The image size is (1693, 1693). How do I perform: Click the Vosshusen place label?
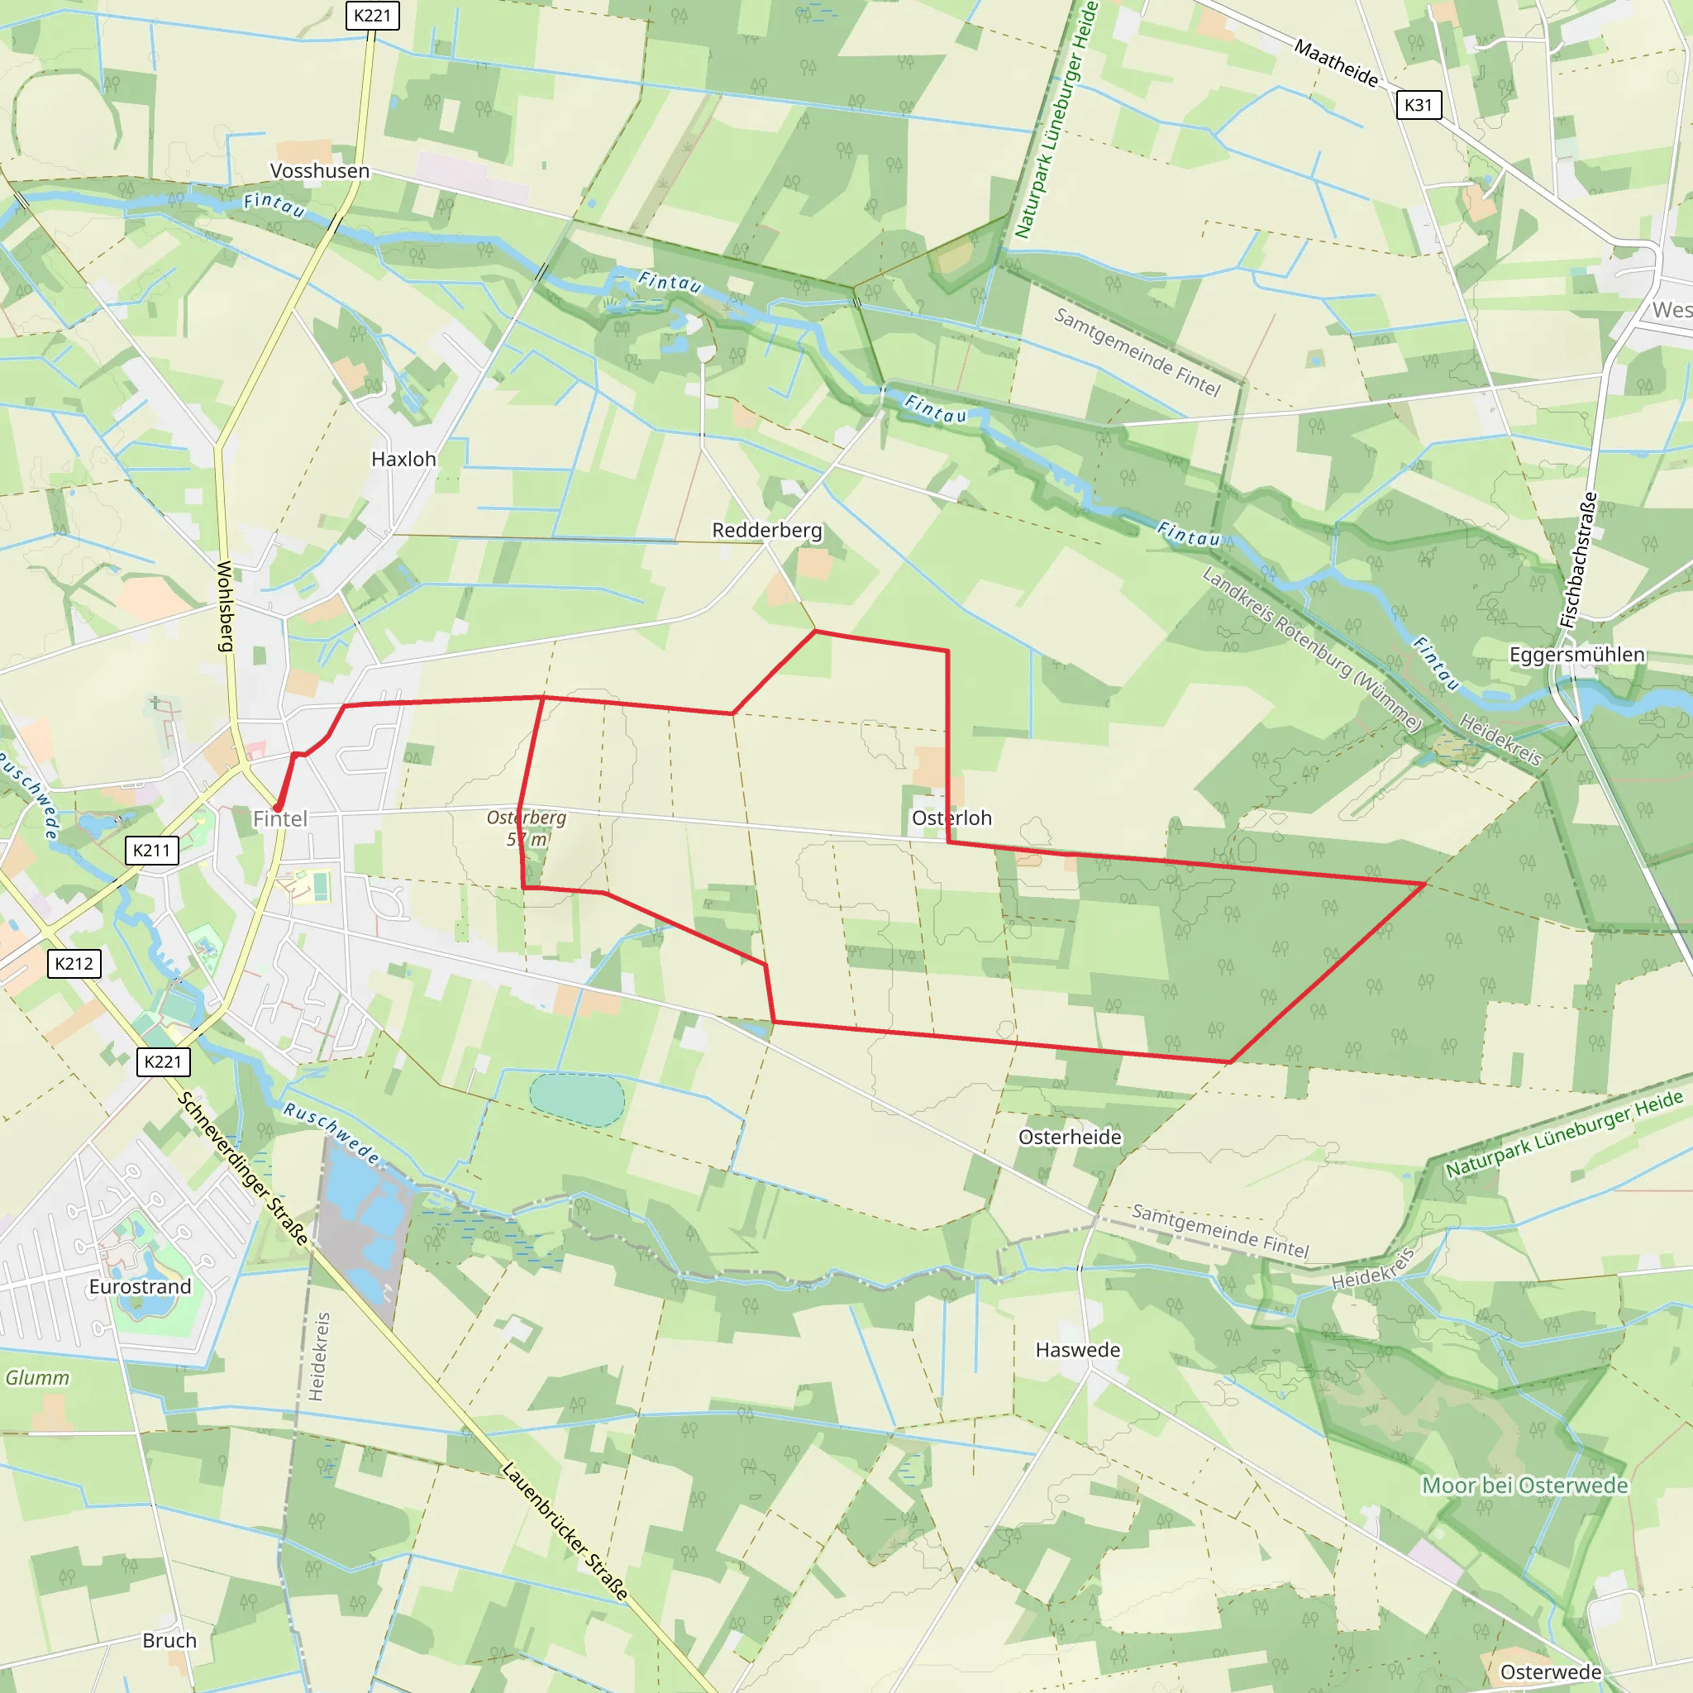coord(319,171)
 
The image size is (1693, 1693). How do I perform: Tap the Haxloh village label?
coord(403,459)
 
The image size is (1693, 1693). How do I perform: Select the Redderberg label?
coord(767,530)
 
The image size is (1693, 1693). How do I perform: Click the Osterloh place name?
coord(951,818)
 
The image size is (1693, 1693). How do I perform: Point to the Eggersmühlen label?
coord(1576,655)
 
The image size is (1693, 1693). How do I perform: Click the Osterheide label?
coord(1070,1137)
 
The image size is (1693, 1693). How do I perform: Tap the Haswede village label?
coord(1078,1349)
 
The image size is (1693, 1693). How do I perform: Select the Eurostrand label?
coord(141,1286)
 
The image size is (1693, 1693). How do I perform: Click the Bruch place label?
coord(169,1640)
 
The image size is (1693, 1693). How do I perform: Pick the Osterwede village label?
coord(1551,1672)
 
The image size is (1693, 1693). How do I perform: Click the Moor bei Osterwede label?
coord(1524,1486)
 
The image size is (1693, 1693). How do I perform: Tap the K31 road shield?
coord(1418,105)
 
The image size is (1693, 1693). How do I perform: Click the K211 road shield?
coord(151,850)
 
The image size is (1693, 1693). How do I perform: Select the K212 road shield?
coord(74,964)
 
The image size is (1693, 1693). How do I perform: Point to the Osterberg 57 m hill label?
coord(527,828)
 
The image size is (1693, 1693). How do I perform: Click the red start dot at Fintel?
coord(278,808)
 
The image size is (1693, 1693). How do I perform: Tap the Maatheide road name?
coord(1336,64)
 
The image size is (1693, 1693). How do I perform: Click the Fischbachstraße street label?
coord(1578,560)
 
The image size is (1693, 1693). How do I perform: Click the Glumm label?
coord(38,1377)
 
